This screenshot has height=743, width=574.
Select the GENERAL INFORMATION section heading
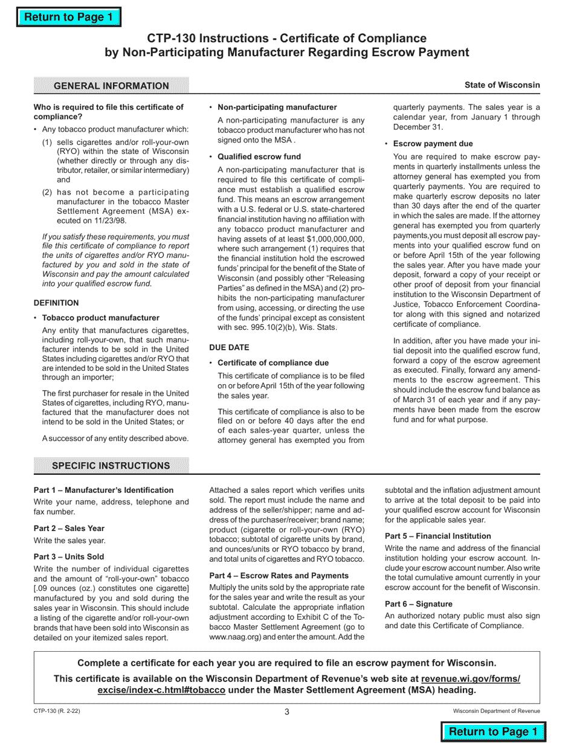[111, 86]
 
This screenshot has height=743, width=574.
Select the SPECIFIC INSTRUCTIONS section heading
[111, 466]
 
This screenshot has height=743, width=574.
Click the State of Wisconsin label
[502, 85]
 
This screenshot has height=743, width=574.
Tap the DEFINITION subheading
[56, 303]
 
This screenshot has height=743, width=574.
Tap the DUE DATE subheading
[229, 347]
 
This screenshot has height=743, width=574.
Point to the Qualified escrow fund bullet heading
[259, 156]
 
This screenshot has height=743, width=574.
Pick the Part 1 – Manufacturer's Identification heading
[103, 490]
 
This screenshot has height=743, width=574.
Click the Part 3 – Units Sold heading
[69, 556]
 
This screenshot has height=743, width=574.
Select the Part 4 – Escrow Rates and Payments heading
[279, 575]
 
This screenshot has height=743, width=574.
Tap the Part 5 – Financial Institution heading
[438, 535]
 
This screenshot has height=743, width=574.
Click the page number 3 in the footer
[287, 712]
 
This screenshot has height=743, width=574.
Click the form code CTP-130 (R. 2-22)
[57, 712]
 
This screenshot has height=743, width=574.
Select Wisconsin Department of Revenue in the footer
[497, 712]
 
